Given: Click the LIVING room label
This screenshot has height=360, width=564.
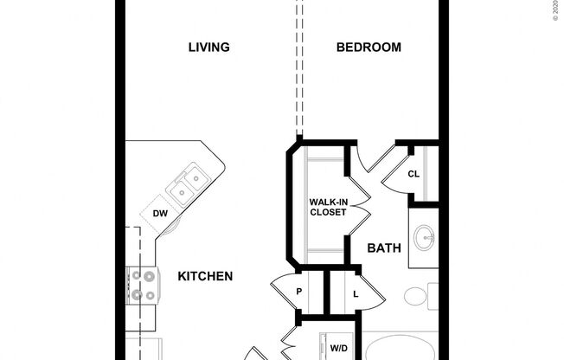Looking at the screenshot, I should (x=209, y=48).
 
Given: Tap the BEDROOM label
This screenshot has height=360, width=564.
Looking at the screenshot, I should (x=369, y=48).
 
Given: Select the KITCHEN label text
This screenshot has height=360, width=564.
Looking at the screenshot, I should (x=205, y=276).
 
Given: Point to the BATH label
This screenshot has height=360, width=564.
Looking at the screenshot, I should (x=384, y=248).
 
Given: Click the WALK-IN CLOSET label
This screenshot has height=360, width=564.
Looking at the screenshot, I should (x=328, y=208).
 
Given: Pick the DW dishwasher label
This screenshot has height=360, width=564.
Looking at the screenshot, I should (x=160, y=213).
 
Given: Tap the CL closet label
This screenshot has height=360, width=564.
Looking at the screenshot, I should (x=413, y=174).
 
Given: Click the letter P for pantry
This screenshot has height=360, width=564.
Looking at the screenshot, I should (x=299, y=292).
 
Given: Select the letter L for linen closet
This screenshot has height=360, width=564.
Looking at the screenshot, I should (x=356, y=292).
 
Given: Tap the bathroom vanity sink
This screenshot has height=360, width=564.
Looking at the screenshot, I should (x=425, y=236).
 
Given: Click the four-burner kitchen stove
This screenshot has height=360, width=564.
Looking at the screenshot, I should (x=143, y=286).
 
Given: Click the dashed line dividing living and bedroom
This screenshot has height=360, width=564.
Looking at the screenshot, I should (x=298, y=69).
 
